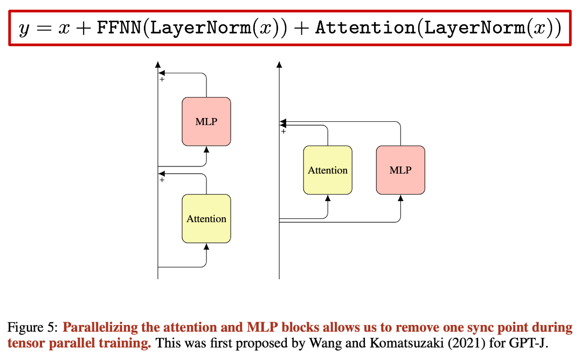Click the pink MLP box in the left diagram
[206, 121]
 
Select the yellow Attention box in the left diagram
[206, 218]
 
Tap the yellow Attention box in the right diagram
[328, 170]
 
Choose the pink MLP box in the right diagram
[400, 170]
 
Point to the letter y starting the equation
[23, 29]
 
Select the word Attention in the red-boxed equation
[364, 28]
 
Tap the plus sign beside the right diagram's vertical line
[283, 131]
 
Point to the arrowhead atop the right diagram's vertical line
[279, 65]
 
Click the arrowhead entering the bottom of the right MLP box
[400, 198]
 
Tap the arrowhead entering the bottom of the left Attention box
[206, 246]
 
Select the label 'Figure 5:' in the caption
[32, 327]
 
